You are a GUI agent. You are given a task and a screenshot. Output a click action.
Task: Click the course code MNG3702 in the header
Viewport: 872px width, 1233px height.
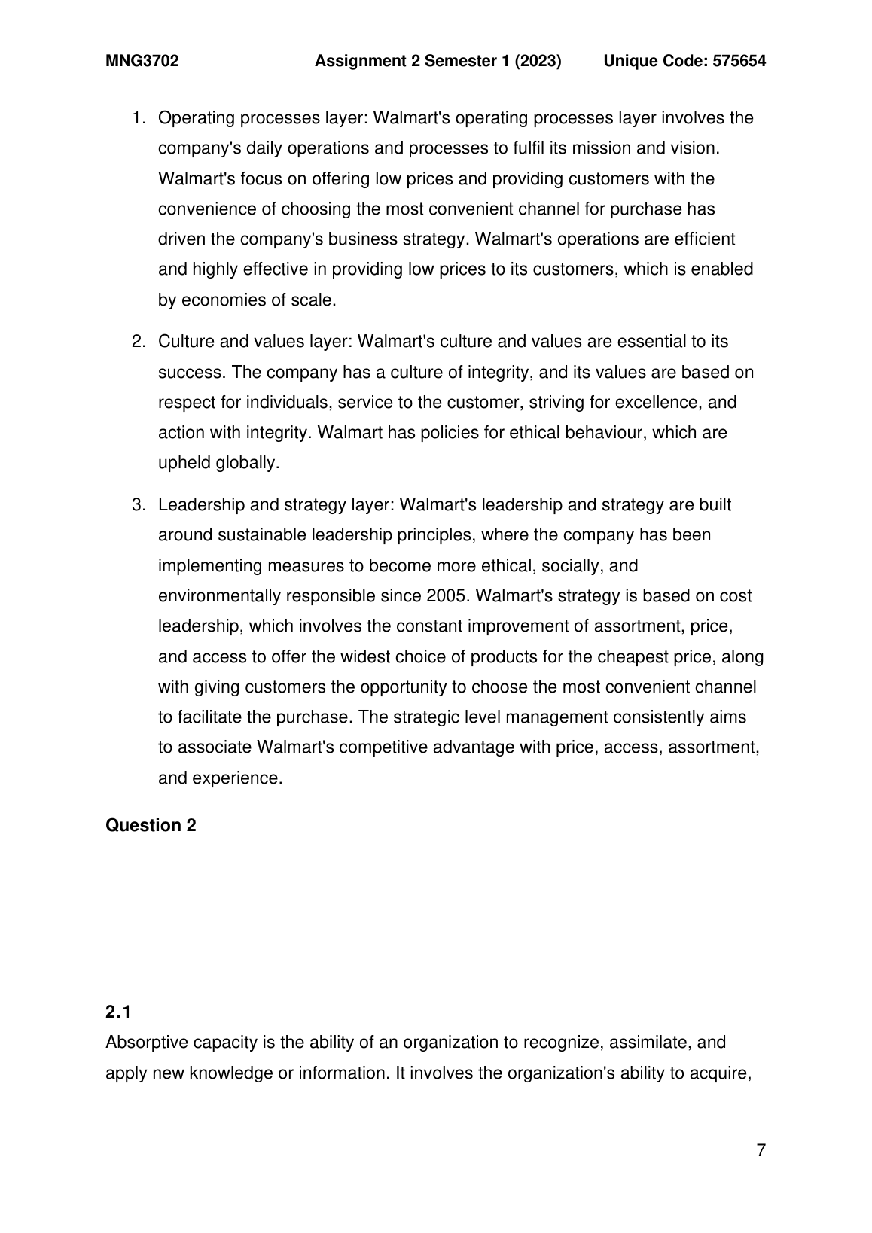point(142,62)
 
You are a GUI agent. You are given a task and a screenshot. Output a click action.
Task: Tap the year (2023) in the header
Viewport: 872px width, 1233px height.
point(538,62)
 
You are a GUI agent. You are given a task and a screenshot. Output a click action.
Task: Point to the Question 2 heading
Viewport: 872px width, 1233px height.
point(151,826)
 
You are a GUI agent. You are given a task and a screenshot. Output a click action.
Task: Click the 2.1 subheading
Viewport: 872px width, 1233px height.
point(118,1012)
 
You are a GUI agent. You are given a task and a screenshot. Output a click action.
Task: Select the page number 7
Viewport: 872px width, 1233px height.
point(761,1151)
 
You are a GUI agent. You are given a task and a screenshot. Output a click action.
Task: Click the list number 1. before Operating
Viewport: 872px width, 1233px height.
point(138,118)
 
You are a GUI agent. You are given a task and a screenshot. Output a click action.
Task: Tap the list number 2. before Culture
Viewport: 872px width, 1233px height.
point(138,342)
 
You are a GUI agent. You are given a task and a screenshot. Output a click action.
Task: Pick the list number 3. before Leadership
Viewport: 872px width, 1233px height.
point(138,505)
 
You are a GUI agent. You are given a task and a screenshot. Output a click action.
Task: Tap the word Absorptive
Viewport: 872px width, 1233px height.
point(146,1043)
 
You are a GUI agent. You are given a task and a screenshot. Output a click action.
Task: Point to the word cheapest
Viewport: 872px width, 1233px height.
point(633,657)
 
